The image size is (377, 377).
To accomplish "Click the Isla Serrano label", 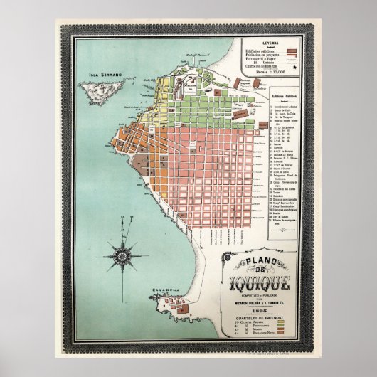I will pyautogui.click(x=102, y=73).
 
